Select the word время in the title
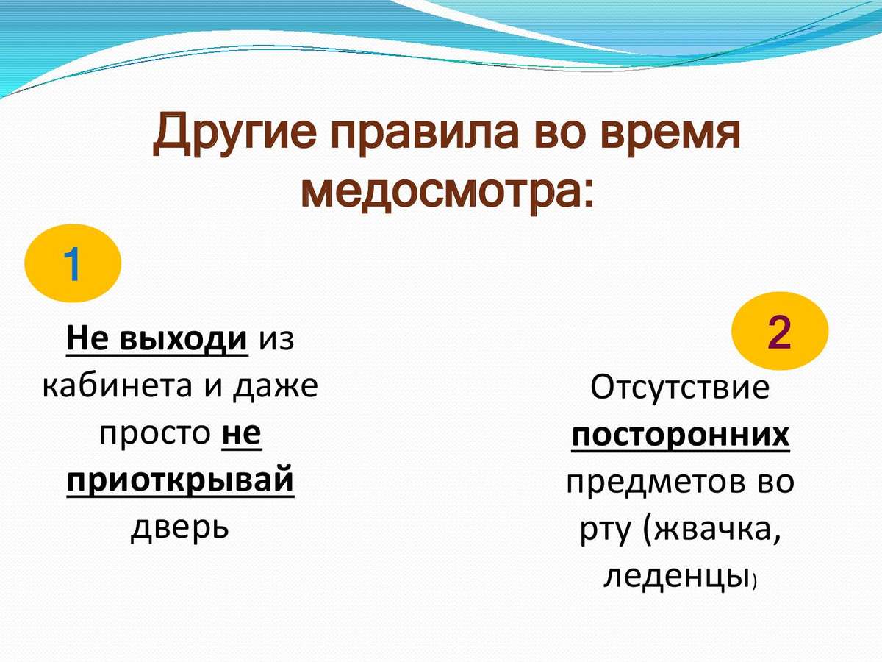coord(670,135)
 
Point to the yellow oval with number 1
coord(73,263)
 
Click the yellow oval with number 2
coord(780,331)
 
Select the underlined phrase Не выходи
coord(157,338)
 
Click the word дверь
coord(179,527)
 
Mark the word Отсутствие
coord(680,387)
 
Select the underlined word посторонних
coord(681,435)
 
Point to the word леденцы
coord(677,577)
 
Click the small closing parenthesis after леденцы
coord(755,582)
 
